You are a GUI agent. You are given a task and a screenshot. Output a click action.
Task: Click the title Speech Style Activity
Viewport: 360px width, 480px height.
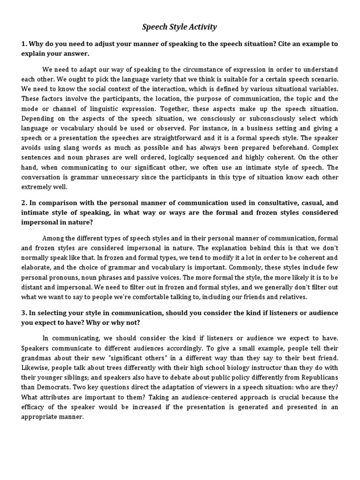(x=180, y=27)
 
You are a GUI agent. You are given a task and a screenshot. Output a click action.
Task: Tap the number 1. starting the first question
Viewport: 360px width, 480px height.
(x=24, y=44)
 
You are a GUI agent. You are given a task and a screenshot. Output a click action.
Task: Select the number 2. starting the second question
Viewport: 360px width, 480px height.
(x=24, y=202)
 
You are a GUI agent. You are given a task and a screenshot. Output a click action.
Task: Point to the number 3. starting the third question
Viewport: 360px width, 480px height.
(x=24, y=313)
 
